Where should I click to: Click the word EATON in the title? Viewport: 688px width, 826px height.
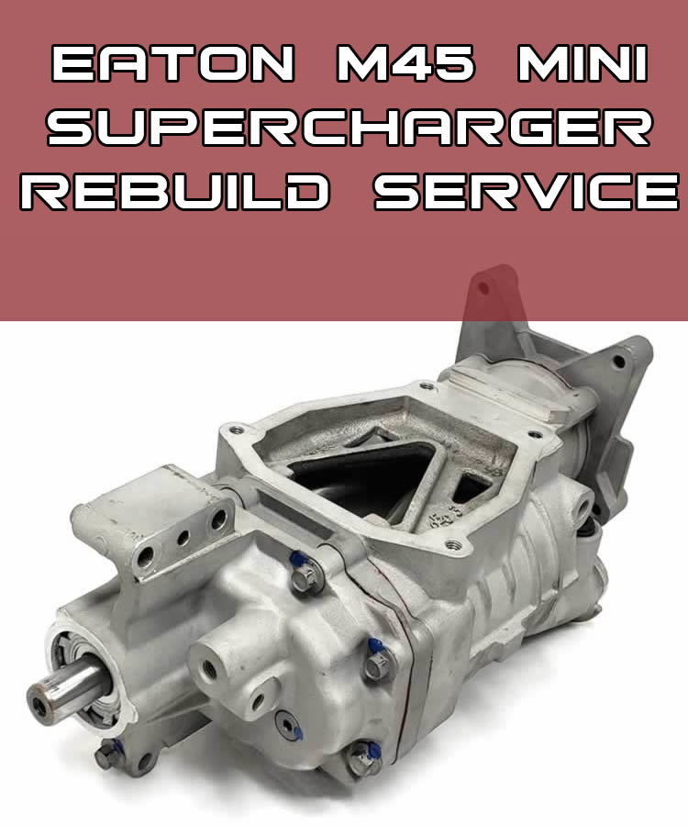click(172, 63)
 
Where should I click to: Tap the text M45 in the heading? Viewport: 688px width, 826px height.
click(405, 63)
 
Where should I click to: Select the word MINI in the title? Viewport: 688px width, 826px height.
click(583, 63)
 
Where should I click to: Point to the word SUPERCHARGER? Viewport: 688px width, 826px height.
click(350, 128)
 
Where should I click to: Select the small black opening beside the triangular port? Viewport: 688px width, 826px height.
click(470, 486)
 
